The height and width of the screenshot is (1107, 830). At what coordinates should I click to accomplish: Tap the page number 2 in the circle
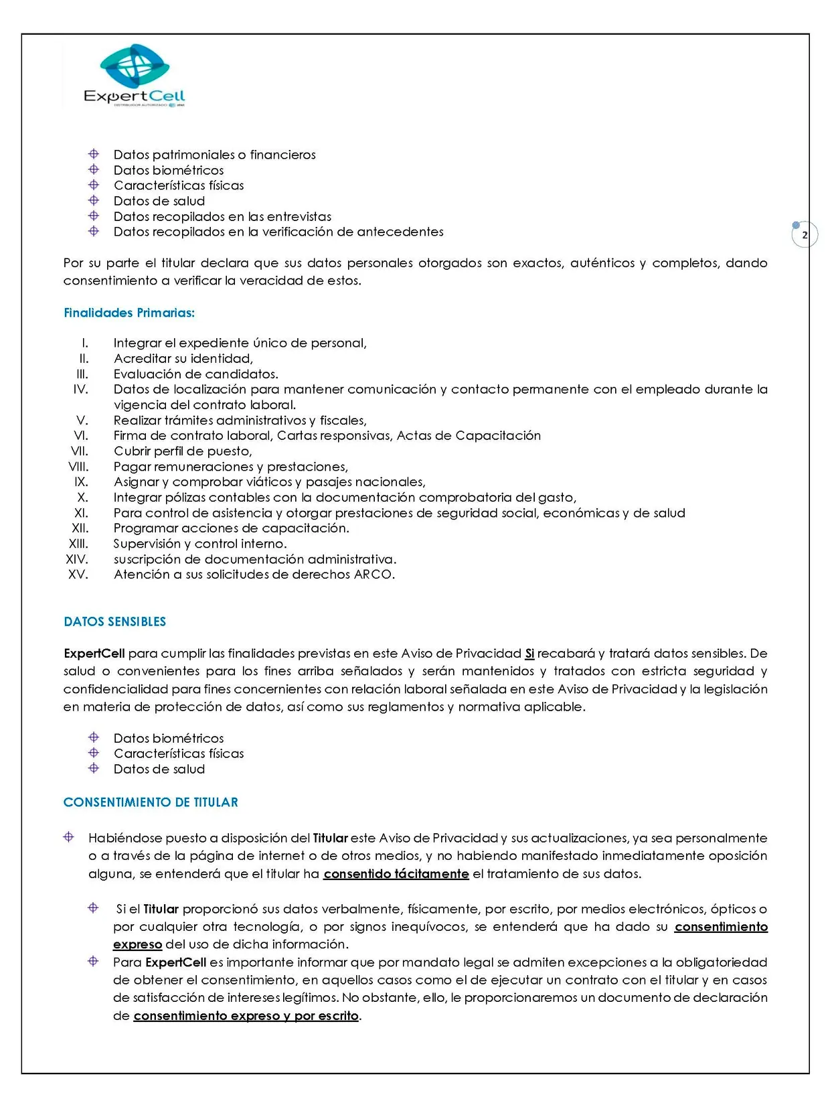tap(805, 235)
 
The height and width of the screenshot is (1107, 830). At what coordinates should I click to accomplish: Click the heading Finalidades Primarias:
tap(129, 313)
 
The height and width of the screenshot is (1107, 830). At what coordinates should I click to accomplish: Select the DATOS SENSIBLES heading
tap(114, 621)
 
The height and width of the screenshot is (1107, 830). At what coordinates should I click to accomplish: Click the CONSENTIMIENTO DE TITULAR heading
tap(151, 802)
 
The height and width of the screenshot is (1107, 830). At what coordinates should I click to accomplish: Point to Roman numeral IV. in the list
tap(80, 389)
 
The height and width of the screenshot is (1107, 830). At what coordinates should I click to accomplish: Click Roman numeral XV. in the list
tap(78, 575)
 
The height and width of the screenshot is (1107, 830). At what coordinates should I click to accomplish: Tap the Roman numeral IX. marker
tap(81, 482)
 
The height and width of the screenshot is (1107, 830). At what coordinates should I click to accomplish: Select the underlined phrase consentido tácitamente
tap(396, 874)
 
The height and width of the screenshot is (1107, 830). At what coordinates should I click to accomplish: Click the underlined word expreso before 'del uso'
tap(137, 944)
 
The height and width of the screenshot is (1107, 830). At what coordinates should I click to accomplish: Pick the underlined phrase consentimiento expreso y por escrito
tap(246, 1016)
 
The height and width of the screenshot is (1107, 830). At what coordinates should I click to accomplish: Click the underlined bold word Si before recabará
tap(529, 654)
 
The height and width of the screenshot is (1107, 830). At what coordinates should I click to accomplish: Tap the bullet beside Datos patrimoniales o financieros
tap(94, 154)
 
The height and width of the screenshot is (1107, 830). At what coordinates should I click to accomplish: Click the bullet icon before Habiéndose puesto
tap(68, 837)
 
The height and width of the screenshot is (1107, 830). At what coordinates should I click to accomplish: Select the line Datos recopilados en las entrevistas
tap(222, 216)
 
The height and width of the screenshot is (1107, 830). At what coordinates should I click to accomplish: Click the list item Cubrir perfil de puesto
tap(182, 451)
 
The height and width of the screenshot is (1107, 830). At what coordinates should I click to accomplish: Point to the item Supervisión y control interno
tap(199, 544)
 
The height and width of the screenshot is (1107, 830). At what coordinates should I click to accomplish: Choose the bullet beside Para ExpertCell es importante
tap(94, 962)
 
